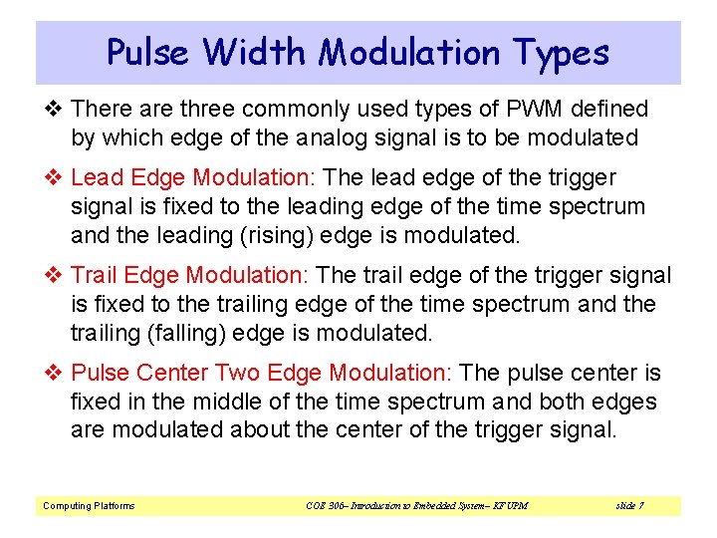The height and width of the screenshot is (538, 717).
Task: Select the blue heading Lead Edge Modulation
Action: coord(193,178)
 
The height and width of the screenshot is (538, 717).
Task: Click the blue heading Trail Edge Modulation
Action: coord(194,275)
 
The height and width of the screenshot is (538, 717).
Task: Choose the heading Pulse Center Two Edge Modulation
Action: coord(263,373)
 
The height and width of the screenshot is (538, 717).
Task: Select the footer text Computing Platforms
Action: coord(89,506)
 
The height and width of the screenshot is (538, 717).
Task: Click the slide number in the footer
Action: coord(629,506)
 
